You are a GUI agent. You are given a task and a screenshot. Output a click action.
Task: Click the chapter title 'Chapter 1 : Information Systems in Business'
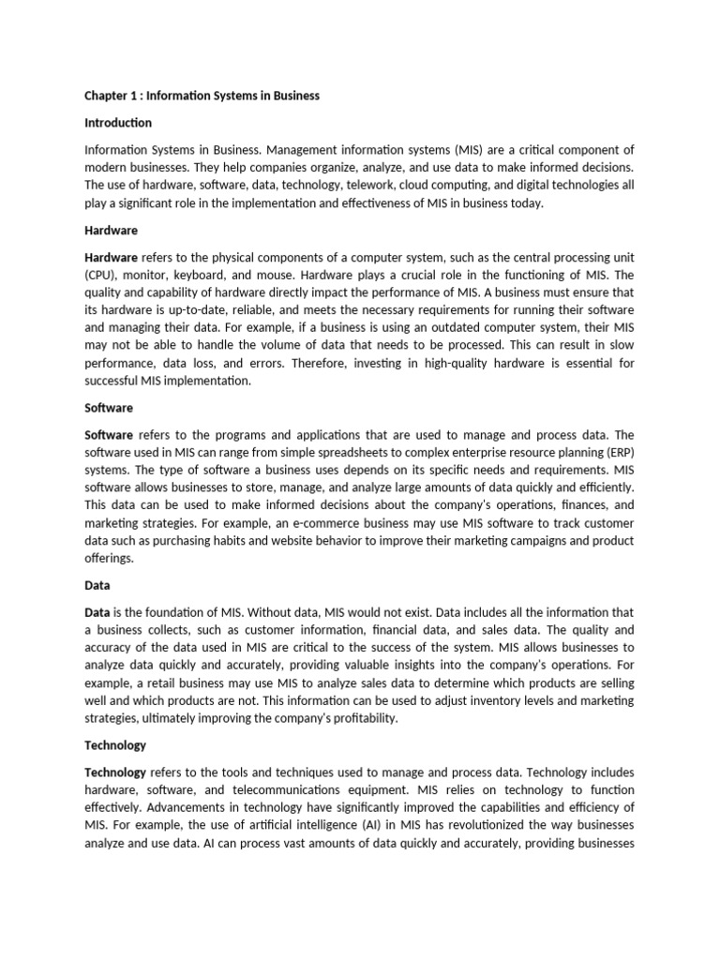coord(202,96)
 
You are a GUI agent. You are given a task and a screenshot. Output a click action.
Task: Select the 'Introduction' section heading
coord(118,123)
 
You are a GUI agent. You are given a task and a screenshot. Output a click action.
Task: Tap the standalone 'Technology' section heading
coord(115,745)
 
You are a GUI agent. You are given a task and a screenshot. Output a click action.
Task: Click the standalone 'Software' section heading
coord(109,408)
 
